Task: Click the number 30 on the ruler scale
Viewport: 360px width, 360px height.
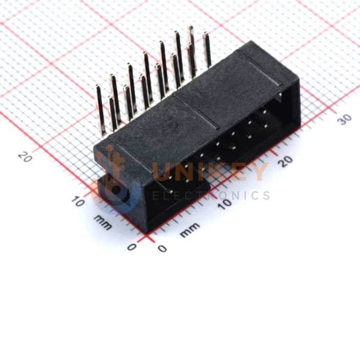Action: [345, 119]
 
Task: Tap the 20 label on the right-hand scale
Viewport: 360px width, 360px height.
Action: [285, 161]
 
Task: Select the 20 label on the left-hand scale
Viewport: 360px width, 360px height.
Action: [25, 157]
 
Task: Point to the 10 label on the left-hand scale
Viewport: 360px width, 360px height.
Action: [78, 202]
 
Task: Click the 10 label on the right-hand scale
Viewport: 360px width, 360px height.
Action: [225, 203]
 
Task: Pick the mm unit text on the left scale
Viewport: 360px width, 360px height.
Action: [103, 222]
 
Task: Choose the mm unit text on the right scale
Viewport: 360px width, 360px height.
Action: [190, 230]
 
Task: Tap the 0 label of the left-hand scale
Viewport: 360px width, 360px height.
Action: [132, 247]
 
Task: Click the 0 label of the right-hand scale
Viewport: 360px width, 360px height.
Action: [162, 249]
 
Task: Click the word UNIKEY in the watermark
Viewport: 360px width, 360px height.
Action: [211, 171]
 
